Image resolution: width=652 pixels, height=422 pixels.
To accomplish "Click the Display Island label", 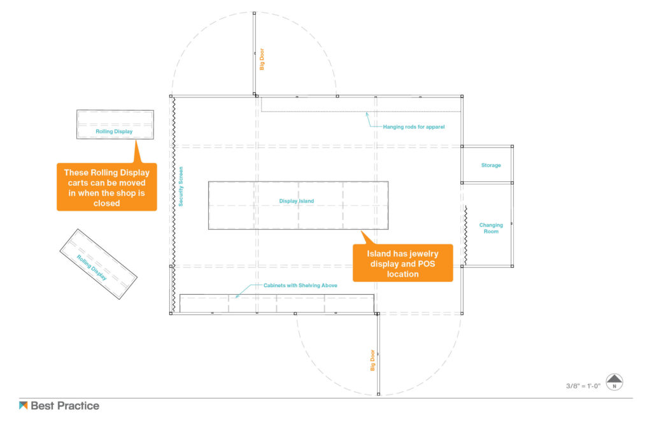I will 297,201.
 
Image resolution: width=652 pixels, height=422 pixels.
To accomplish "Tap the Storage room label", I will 490,165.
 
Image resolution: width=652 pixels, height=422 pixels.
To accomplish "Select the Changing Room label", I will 491,228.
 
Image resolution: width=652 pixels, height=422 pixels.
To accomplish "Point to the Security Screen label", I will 181,186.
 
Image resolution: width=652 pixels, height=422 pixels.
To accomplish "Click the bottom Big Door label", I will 372,360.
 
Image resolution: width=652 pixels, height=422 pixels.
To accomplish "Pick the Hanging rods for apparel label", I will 413,127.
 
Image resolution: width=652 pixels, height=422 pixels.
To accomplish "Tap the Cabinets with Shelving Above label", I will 301,285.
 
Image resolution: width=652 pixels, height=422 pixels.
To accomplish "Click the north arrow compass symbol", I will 614,382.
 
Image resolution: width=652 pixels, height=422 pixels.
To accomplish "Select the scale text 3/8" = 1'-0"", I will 583,386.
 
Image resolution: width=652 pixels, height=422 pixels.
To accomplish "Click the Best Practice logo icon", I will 24,405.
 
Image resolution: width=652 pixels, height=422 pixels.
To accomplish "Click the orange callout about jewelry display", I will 402,264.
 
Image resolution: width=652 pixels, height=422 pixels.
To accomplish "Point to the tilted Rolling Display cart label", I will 92,267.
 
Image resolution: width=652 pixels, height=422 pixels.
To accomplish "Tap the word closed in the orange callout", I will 107,204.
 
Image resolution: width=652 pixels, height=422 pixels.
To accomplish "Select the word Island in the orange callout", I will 379,254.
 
